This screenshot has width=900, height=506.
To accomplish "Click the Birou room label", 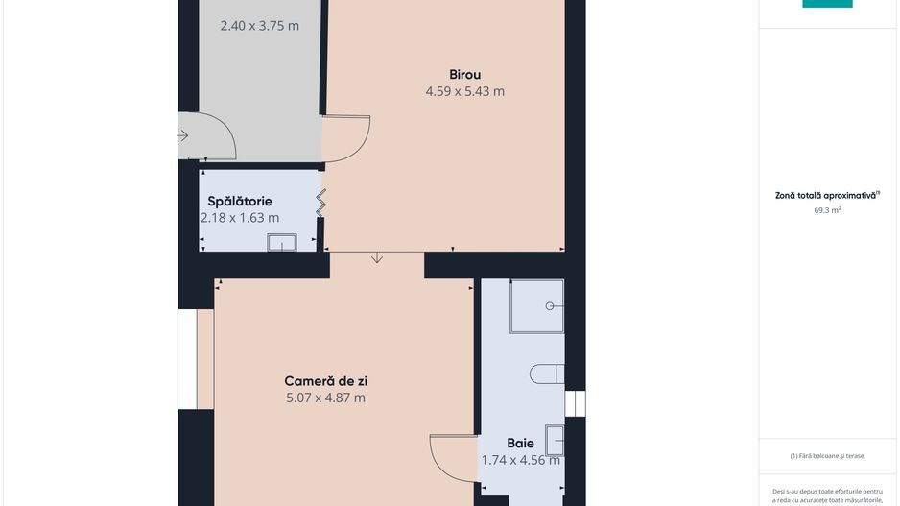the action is [465, 75].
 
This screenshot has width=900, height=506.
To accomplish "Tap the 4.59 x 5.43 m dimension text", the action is [465, 91].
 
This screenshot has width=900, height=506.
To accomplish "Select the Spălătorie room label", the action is [240, 202].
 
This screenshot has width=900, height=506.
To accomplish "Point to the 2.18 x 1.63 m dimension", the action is [240, 218].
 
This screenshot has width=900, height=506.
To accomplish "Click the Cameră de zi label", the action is [325, 381].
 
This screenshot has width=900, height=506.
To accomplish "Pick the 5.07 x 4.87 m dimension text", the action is [325, 398].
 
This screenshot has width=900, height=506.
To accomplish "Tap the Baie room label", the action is [521, 444].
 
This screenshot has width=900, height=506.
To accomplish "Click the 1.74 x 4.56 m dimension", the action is [521, 460].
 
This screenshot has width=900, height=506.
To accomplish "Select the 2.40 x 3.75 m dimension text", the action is [259, 26].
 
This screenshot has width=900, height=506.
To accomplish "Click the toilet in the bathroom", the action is [547, 373].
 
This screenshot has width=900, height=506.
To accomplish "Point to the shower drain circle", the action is [550, 306].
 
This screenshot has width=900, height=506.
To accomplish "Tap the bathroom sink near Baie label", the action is [555, 441].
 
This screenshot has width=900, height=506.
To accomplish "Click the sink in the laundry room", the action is [282, 242].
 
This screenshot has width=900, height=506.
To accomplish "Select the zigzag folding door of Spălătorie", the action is [320, 203].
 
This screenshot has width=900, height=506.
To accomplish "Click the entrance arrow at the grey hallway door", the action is [182, 135].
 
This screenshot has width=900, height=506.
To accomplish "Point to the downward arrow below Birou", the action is [376, 257].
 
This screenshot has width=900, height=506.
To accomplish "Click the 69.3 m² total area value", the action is [827, 210].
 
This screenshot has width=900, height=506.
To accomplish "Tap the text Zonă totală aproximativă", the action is [825, 196].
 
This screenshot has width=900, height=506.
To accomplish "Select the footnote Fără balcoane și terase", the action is [827, 456].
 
